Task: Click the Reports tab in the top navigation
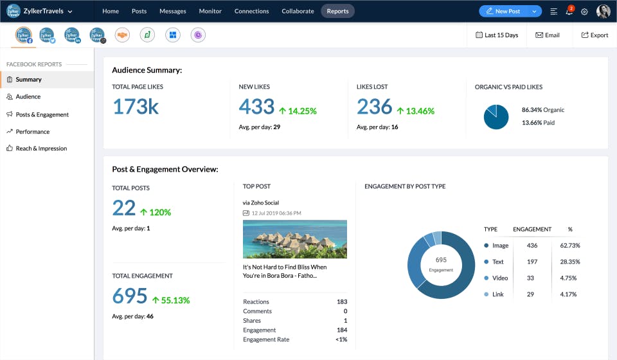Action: (337, 11)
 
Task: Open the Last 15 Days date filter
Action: (497, 35)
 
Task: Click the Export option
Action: (595, 35)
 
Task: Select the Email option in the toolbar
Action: (548, 35)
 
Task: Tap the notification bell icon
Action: (569, 12)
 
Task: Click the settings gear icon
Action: (584, 12)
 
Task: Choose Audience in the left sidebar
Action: (28, 96)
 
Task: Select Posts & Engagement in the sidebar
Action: (42, 114)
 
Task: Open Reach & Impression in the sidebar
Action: (41, 148)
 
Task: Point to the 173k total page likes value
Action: (136, 107)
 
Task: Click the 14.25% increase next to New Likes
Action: (298, 111)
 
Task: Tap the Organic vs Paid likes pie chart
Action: (496, 116)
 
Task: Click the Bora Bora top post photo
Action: (295, 239)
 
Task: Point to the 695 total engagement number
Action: (130, 296)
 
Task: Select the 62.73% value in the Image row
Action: (569, 246)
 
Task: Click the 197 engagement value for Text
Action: (532, 262)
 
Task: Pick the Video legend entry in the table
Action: (499, 278)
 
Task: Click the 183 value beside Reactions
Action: (341, 301)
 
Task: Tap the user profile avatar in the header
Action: (603, 12)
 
